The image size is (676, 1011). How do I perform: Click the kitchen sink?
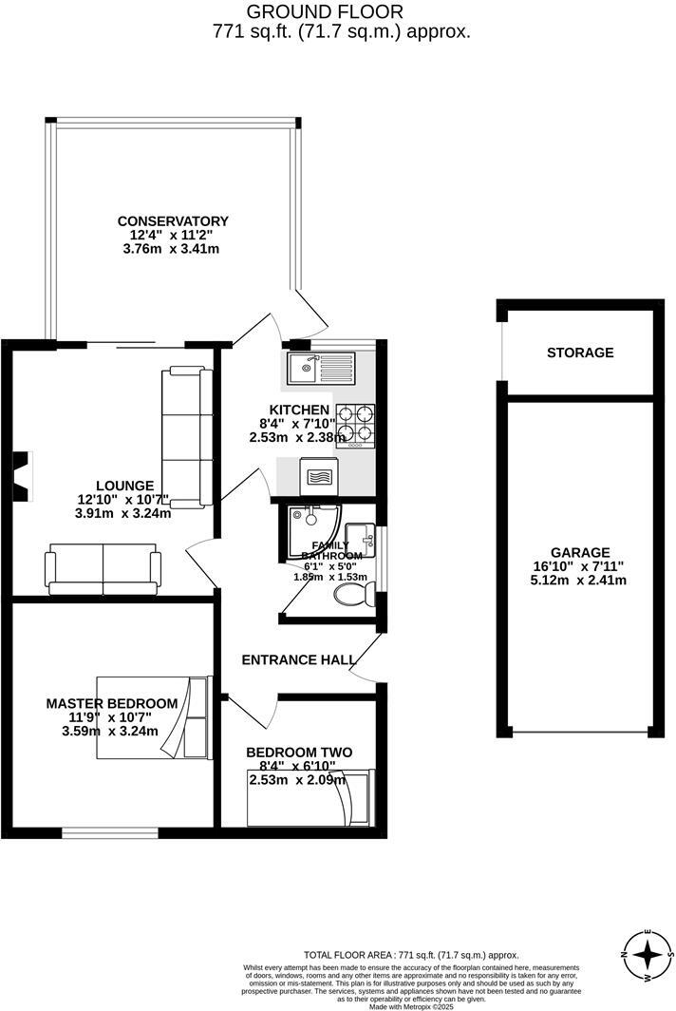pos(319,366)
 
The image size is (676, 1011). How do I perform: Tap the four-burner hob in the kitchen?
pos(354,425)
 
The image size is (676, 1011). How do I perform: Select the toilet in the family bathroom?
pos(352,593)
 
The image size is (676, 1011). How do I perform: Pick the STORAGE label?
pos(580,353)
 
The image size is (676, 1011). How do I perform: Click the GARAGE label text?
pos(580,553)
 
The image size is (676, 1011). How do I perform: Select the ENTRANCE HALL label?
pos(299,659)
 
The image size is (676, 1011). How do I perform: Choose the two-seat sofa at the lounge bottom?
pos(103,569)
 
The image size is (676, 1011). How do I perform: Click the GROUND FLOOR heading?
pos(325,11)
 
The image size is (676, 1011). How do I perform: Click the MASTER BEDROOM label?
pos(112,703)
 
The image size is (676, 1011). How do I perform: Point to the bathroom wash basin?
pos(360,536)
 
